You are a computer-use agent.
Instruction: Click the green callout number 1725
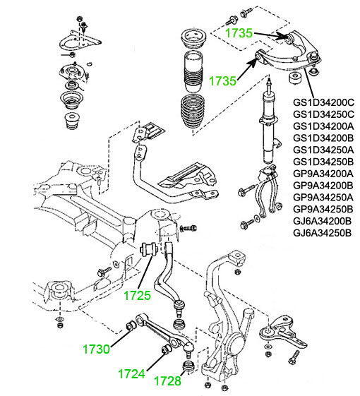137,295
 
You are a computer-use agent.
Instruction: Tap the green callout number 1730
96,349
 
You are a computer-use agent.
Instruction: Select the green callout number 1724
131,374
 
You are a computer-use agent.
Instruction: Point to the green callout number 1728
167,381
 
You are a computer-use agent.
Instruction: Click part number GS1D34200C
323,102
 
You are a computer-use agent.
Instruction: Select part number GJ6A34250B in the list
323,233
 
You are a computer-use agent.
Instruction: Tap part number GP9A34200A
323,174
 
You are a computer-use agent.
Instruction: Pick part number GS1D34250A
323,150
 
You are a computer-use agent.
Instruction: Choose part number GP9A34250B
323,209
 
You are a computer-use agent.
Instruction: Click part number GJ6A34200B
323,221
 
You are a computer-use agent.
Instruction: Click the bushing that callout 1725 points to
149,249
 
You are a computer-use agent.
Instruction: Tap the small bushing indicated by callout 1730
131,325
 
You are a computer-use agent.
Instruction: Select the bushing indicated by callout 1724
166,350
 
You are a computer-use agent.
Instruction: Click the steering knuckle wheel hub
236,344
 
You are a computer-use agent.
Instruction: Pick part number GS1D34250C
323,114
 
